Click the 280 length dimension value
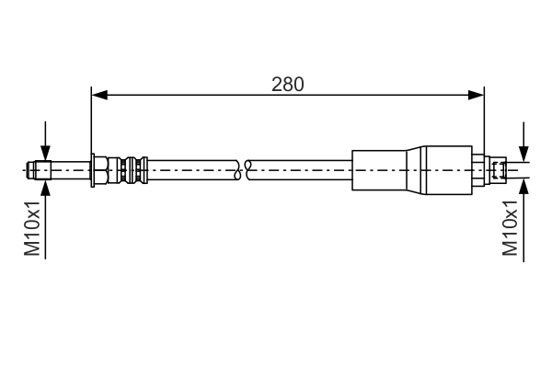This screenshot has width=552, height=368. (x=287, y=84)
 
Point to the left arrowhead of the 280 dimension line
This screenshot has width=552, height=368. (x=98, y=93)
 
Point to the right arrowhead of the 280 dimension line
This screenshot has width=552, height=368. (x=477, y=93)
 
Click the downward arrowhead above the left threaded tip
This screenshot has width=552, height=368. (x=43, y=156)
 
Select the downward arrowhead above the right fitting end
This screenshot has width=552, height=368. (x=523, y=155)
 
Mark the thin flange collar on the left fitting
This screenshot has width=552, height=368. (x=94, y=169)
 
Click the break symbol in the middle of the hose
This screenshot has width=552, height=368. (x=244, y=169)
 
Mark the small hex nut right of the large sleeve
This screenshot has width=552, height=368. (x=481, y=169)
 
